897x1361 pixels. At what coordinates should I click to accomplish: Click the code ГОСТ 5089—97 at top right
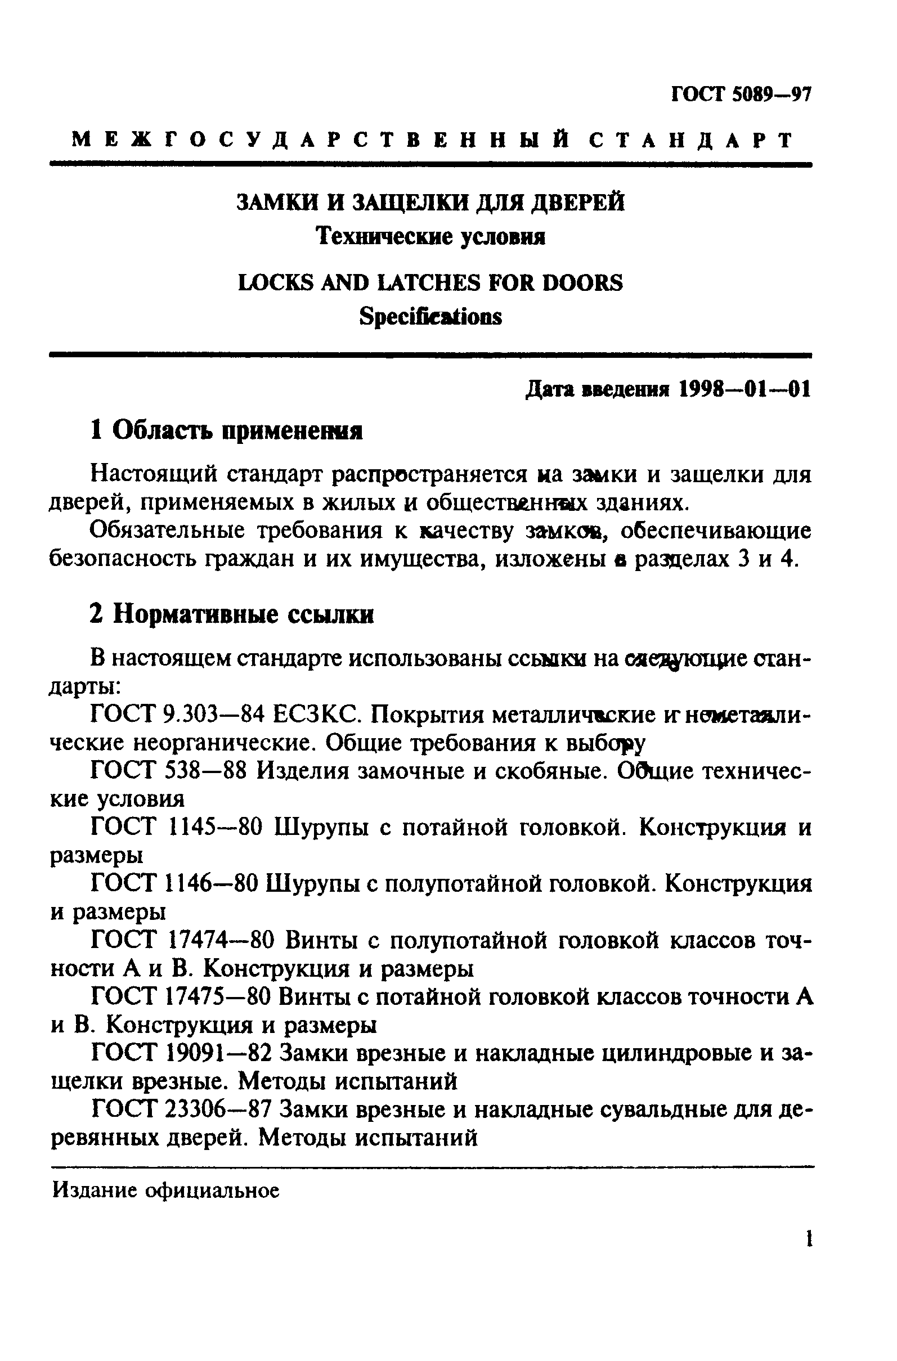[741, 95]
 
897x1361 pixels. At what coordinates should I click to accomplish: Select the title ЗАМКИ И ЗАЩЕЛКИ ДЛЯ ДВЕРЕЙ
[430, 203]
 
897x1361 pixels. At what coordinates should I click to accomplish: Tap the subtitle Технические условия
[430, 236]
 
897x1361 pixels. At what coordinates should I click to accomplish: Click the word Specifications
[430, 316]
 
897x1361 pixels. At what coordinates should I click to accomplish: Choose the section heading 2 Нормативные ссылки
[232, 614]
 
